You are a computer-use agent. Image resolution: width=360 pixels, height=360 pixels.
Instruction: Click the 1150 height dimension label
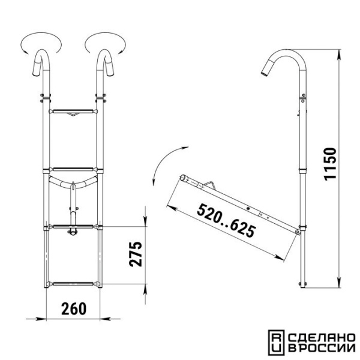pos(330,164)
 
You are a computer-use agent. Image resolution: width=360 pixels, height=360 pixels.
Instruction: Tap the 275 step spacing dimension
pos(136,254)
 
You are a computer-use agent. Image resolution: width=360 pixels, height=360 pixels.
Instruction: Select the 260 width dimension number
pos(74,309)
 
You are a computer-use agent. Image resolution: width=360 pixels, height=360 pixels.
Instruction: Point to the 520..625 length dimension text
pos(226,220)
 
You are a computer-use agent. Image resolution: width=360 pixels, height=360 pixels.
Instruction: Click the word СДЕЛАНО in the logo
pos(322,338)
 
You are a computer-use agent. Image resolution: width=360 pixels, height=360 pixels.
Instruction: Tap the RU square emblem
pos(277,343)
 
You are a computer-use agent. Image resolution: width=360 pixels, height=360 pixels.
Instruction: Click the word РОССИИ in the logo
pos(326,348)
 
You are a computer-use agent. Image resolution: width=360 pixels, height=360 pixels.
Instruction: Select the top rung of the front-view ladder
pos(73,112)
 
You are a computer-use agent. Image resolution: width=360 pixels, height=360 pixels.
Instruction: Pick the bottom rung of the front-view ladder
pos(73,284)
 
